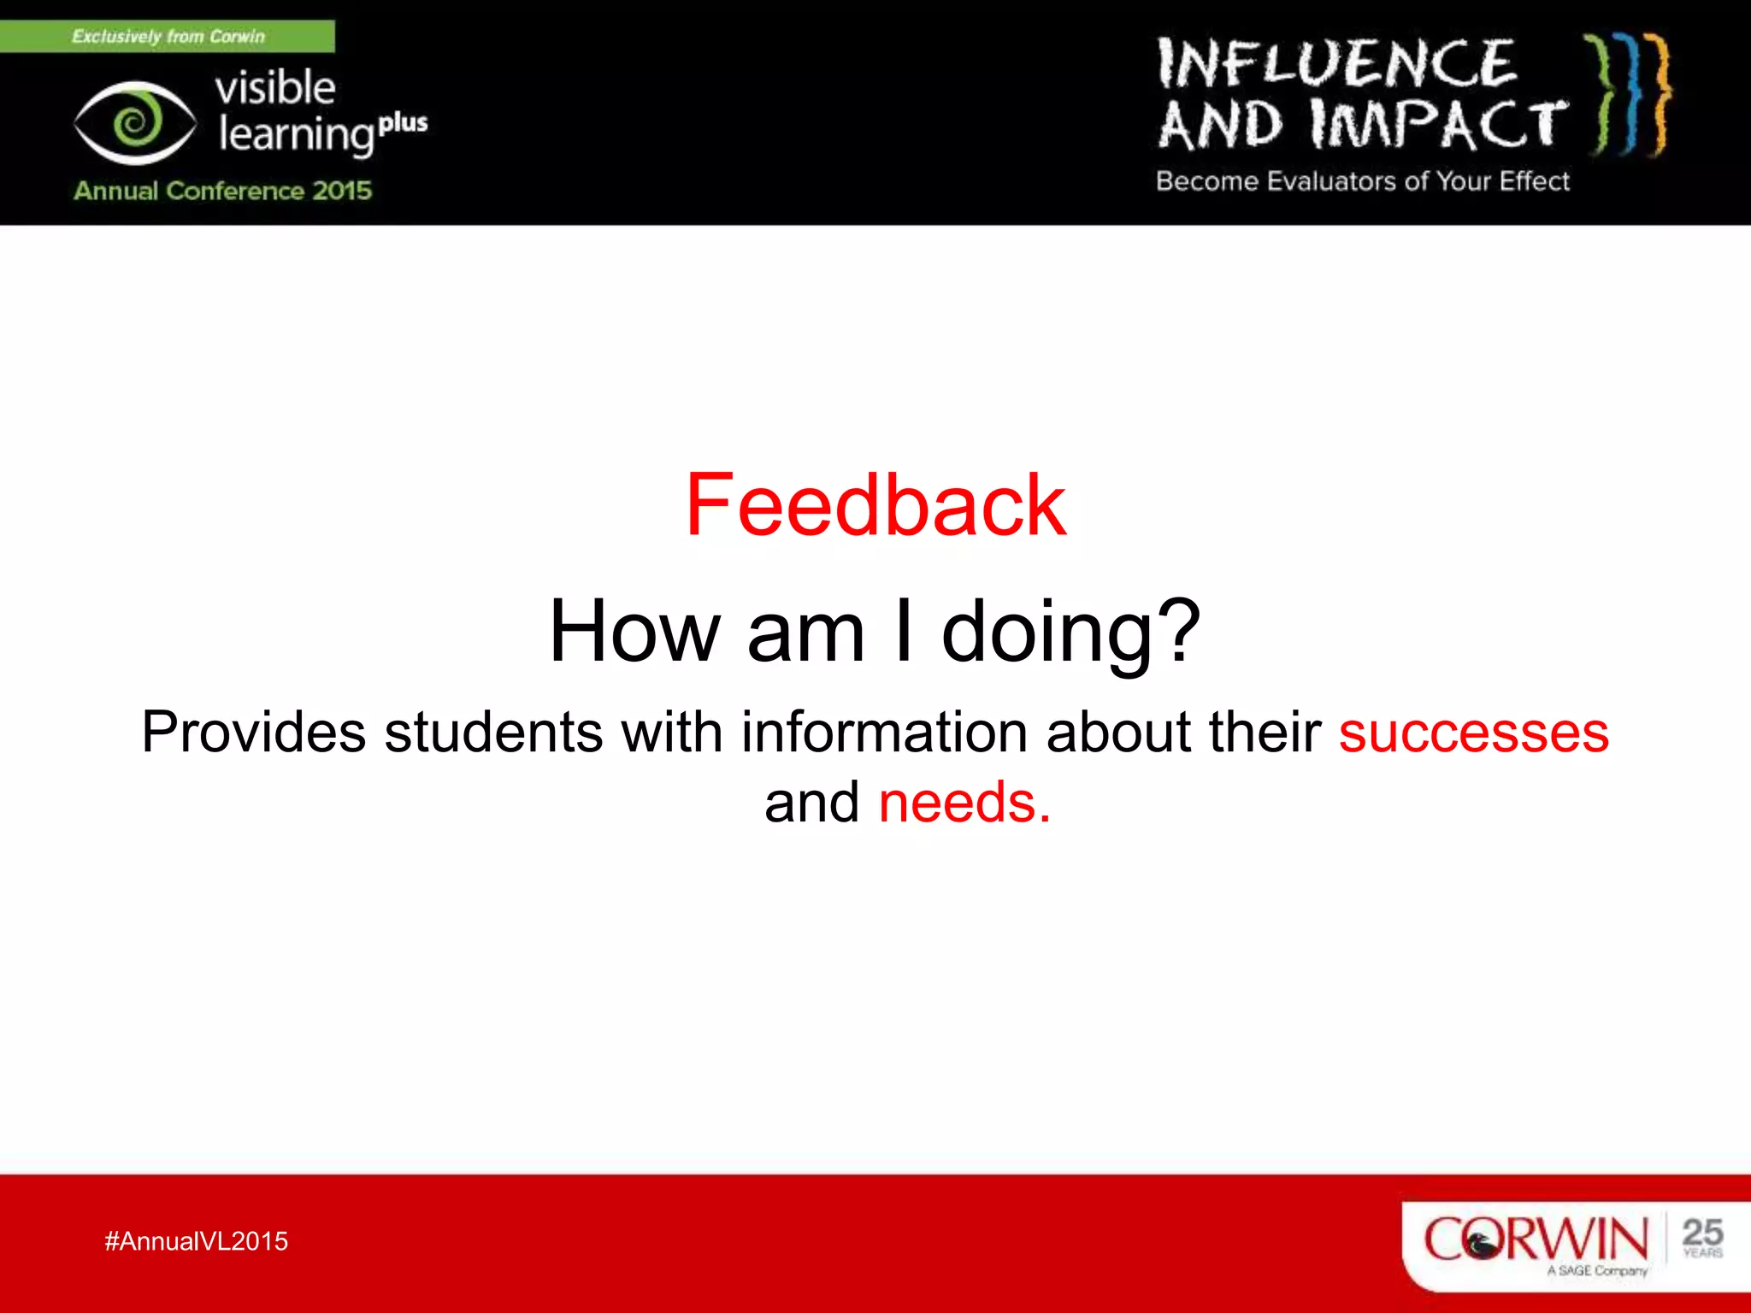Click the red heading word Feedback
[x=875, y=505]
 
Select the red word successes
[x=1473, y=733]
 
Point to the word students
[x=493, y=733]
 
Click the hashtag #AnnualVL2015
[x=196, y=1241]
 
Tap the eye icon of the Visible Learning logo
[x=134, y=123]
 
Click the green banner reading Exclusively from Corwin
[x=168, y=37]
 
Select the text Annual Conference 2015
[x=222, y=190]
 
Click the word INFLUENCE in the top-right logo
[x=1336, y=65]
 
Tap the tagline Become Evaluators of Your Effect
[x=1362, y=181]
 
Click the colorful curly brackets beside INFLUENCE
[x=1628, y=94]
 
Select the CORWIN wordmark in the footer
[x=1536, y=1239]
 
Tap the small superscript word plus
[x=403, y=123]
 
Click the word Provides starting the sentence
[x=253, y=733]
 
